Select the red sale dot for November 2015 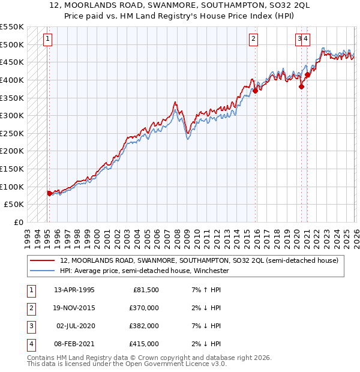pyautogui.click(x=255, y=91)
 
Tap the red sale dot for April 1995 pyautogui.click(x=49, y=193)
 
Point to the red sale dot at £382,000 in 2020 pyautogui.click(x=302, y=86)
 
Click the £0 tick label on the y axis pyautogui.click(x=17, y=222)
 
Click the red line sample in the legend pyautogui.click(x=43, y=261)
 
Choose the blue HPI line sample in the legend pyautogui.click(x=43, y=271)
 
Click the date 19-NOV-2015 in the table pyautogui.click(x=74, y=308)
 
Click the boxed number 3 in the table pyautogui.click(x=31, y=326)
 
